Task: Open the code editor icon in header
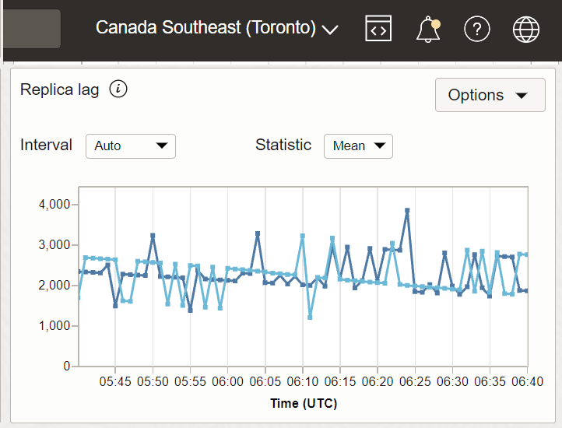378,29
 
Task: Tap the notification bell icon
428,30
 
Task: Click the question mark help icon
476,29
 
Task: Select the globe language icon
526,29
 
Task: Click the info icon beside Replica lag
118,89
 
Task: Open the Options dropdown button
490,95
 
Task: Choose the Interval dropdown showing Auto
130,146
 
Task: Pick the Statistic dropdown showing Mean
358,146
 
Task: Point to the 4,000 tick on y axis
54,204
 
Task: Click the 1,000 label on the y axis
54,325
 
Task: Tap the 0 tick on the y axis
67,366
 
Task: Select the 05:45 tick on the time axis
115,381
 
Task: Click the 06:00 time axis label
228,381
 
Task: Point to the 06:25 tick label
416,381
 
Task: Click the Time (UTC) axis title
304,403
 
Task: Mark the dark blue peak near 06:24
407,210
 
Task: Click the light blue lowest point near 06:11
310,317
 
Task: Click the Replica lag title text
60,89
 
